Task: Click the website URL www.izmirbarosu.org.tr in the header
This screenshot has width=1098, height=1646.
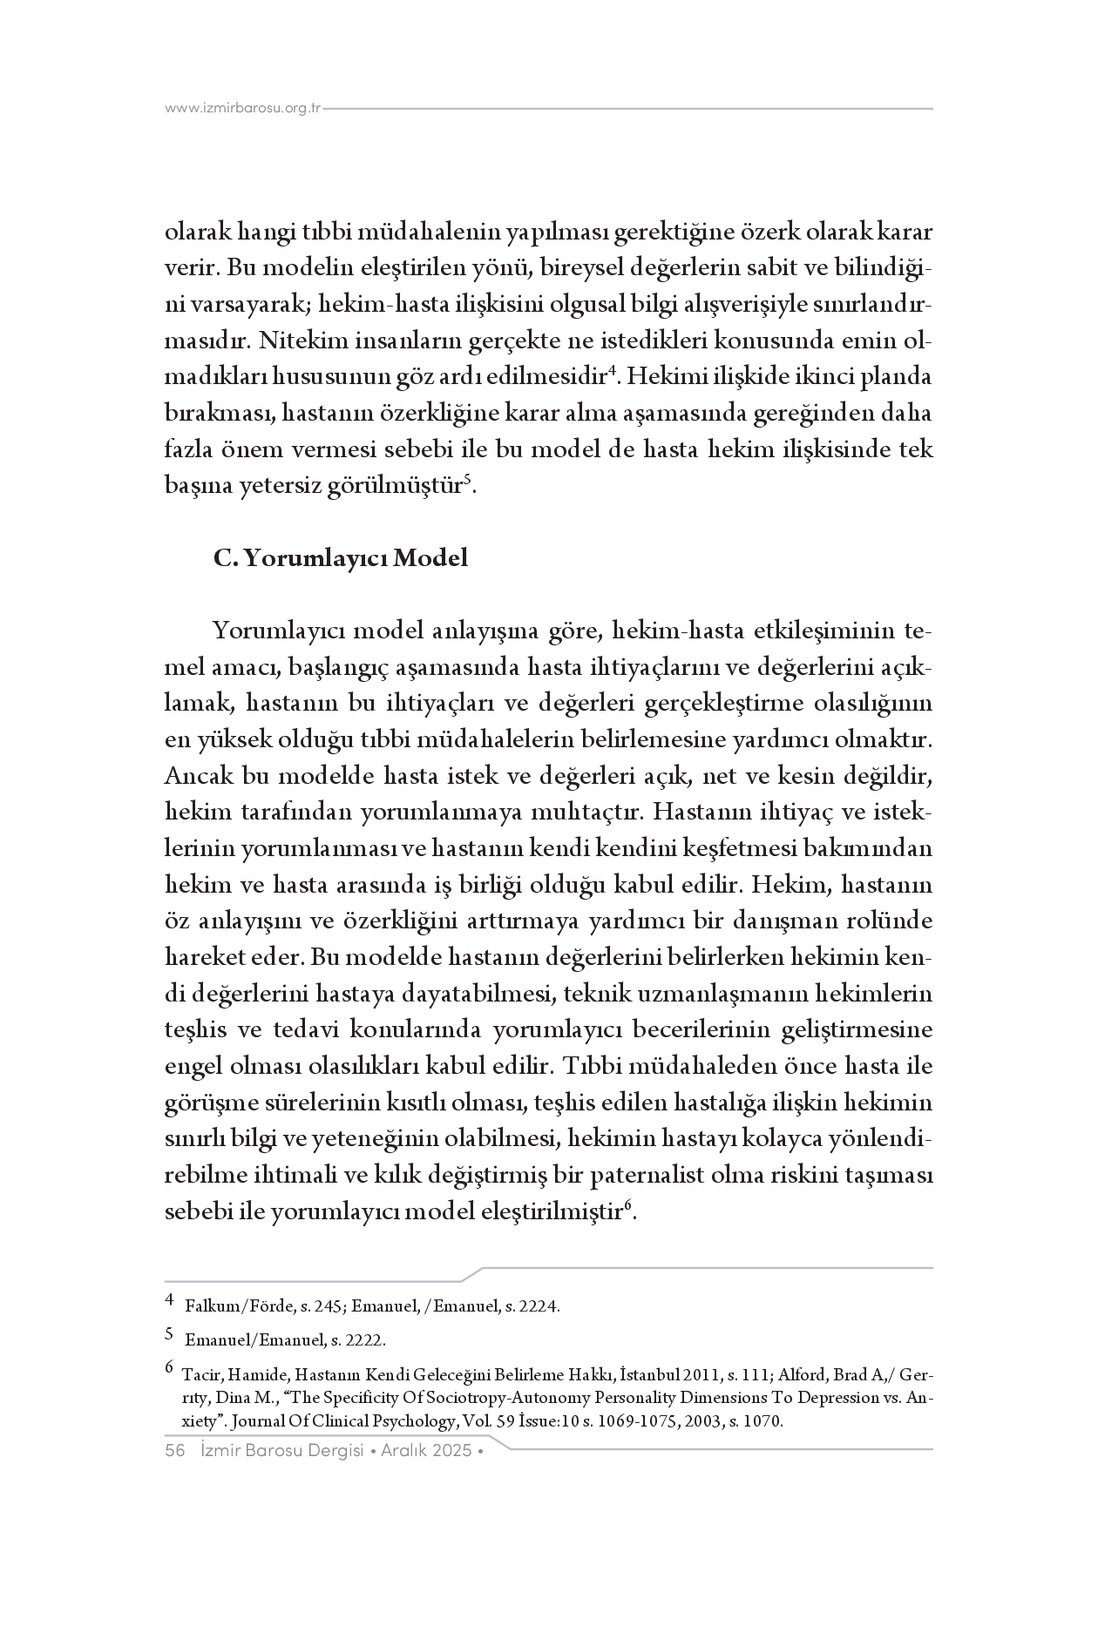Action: (x=243, y=109)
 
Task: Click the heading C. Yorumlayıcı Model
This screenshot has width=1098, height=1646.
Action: (x=341, y=557)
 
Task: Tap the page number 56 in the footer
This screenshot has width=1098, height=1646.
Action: (x=175, y=1450)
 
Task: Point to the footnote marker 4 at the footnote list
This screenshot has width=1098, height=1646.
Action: (x=170, y=1304)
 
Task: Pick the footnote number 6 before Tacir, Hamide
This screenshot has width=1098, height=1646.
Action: (x=170, y=1367)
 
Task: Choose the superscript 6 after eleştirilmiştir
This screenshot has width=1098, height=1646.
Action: (x=627, y=1205)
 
